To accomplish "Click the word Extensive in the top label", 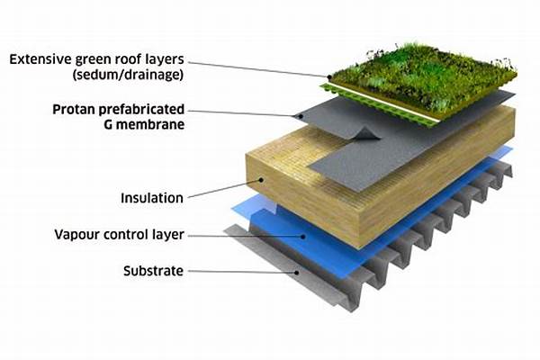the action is coord(40,59).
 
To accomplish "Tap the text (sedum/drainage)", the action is coord(128,75).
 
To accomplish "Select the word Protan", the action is coord(74,110).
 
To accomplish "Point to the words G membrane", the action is coord(144,124).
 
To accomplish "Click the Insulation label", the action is coord(152,198).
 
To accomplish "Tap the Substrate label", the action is coord(153,271).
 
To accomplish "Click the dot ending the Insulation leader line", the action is coord(261,179).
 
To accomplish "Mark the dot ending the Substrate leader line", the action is coord(297,273).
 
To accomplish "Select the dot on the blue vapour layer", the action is coord(303,237).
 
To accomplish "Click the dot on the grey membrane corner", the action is coord(301,116).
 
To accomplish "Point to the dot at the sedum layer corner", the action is coord(329,77).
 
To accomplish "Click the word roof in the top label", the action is coord(128,59).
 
